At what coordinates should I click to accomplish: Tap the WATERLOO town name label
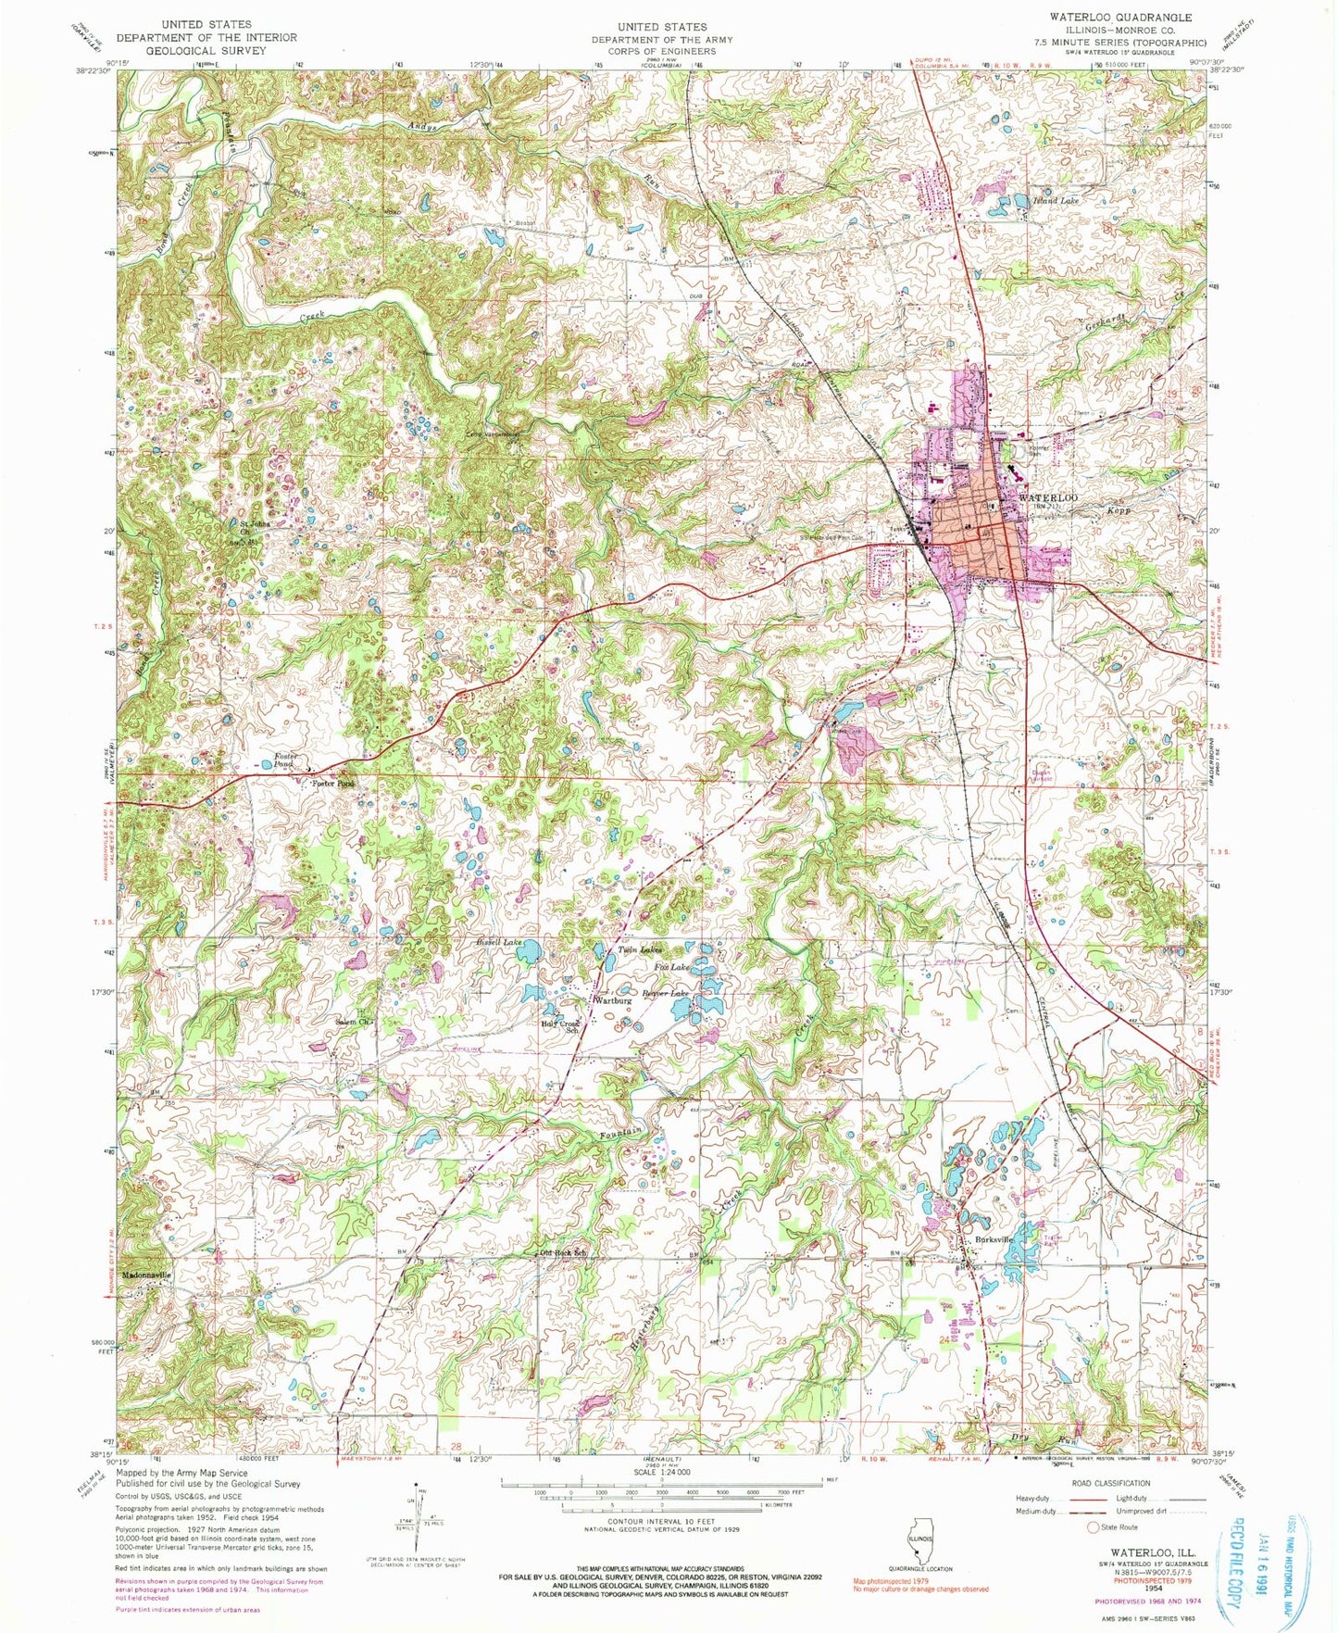[x=1048, y=498]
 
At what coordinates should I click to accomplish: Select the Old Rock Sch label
[x=564, y=1254]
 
